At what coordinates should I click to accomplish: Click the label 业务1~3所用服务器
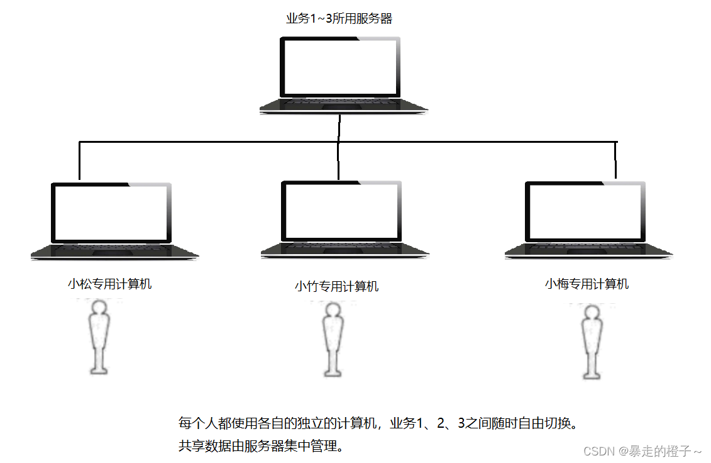(339, 18)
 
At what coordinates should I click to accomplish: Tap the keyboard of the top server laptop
(343, 105)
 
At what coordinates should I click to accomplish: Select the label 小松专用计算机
(110, 284)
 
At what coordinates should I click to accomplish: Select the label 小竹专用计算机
(337, 286)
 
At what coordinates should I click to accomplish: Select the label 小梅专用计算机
(587, 284)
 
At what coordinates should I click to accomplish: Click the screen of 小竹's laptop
(340, 211)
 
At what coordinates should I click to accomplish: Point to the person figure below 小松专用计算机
(99, 336)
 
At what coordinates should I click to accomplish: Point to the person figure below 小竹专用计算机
(333, 340)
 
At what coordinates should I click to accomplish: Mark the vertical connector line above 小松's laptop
(80, 161)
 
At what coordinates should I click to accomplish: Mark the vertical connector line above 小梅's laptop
(616, 160)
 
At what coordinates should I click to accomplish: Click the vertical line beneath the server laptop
(339, 128)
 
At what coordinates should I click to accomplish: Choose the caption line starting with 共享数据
(261, 447)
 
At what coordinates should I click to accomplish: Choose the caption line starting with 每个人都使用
(377, 423)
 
